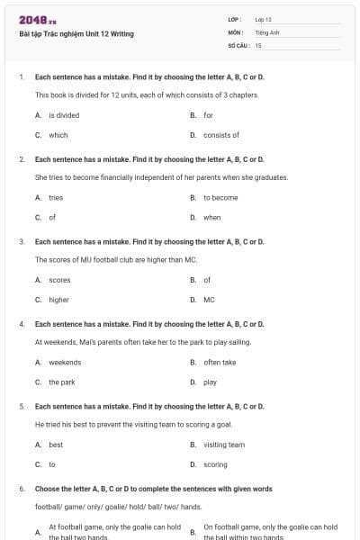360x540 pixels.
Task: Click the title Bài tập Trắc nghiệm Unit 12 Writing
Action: coord(76,34)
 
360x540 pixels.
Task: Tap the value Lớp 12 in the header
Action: coord(264,19)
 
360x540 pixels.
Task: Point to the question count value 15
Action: coord(258,45)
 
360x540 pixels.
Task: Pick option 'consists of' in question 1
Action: coord(221,135)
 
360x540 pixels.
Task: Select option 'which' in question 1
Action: coord(58,135)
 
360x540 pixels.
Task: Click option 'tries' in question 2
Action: coord(56,197)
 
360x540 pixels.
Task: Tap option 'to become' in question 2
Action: coord(220,197)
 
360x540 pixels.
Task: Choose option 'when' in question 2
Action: coord(212,217)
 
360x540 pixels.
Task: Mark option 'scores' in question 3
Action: coord(59,280)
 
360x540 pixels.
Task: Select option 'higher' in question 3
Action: coord(59,300)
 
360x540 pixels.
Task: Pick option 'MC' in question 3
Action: coord(209,300)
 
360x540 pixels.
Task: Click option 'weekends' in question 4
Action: coord(65,362)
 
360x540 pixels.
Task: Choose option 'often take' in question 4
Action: coord(220,362)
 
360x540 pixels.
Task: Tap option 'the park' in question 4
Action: coord(62,382)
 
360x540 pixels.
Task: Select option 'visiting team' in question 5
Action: coord(224,445)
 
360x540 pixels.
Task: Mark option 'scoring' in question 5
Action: coord(216,464)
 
